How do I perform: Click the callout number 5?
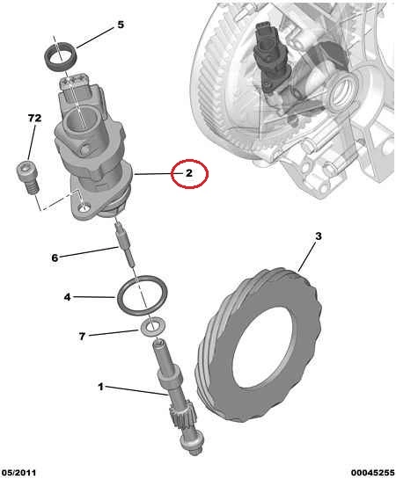coord(121,25)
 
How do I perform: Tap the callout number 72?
coord(34,118)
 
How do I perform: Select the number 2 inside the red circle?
coord(189,173)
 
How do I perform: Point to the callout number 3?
coord(319,236)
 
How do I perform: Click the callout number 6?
coord(55,258)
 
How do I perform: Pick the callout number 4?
coord(67,297)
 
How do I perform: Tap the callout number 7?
coord(82,337)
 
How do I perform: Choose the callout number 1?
coord(100,387)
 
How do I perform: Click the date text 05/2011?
coord(18,473)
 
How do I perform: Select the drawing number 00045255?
coord(373,473)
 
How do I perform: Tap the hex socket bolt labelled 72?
coord(28,178)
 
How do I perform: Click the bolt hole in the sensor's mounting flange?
coord(84,208)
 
